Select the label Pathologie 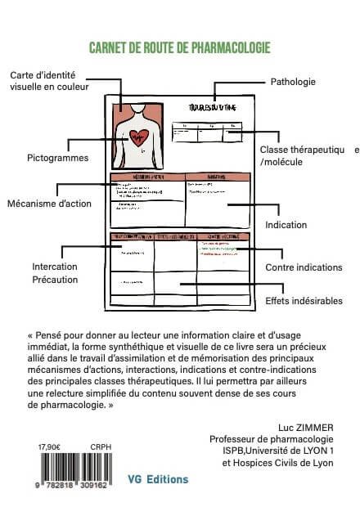coord(293,82)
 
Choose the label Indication coord(287,225)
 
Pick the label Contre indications coord(304,267)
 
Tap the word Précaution coord(55,280)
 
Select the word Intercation coord(55,267)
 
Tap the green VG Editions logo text coord(159,479)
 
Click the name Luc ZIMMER coord(307,426)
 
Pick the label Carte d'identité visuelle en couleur coord(49,80)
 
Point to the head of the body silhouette coord(138,109)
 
